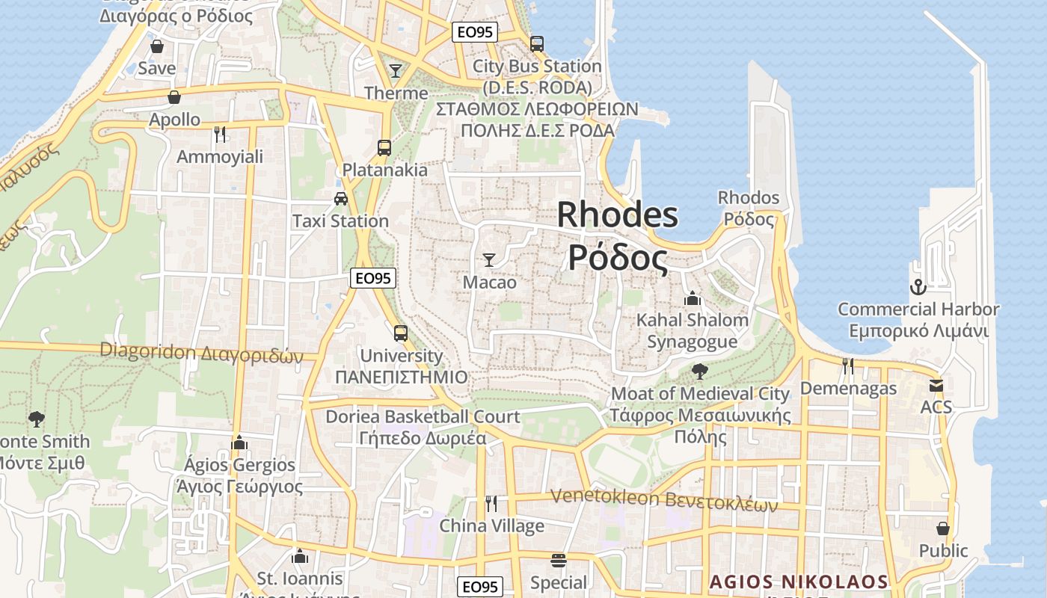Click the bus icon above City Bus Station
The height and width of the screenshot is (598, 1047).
tap(537, 44)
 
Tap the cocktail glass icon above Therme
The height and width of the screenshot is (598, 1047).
tap(396, 71)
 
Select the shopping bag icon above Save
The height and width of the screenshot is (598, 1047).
tap(157, 46)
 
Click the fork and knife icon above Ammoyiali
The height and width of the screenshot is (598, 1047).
tap(220, 135)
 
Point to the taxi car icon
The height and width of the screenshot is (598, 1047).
tap(341, 199)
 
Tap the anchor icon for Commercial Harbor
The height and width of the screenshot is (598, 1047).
tap(918, 286)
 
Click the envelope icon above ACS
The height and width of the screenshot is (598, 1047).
tap(936, 386)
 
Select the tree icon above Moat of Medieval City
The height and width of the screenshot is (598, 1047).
tap(700, 371)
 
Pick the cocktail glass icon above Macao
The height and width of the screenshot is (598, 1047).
tap(489, 260)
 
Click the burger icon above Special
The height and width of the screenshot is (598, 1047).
tap(558, 560)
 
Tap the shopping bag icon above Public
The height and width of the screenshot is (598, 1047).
tap(943, 528)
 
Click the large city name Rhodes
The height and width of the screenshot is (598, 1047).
tap(618, 215)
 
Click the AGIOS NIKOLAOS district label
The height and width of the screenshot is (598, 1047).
tap(798, 582)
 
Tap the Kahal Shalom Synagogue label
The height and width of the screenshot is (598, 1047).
tap(693, 330)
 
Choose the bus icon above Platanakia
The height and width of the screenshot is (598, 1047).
tap(384, 148)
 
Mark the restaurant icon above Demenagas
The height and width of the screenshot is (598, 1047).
tap(848, 366)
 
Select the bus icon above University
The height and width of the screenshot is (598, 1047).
tap(401, 333)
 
